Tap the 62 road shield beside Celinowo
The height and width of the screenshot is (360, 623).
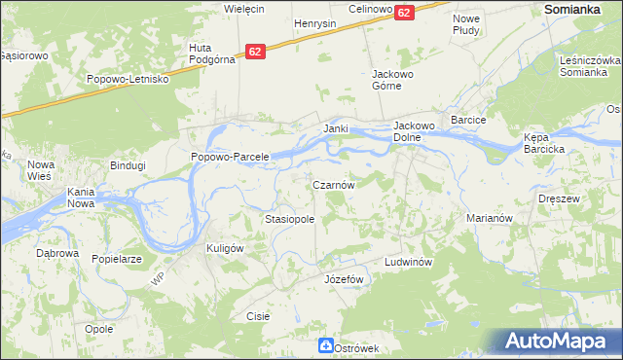point(405,12)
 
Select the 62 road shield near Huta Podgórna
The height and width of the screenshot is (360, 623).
point(255,52)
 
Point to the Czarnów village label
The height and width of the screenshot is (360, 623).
point(339,184)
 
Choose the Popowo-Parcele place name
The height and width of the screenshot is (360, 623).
point(230,157)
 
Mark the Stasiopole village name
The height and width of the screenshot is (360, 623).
point(290,220)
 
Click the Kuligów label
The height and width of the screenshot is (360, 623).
point(224,248)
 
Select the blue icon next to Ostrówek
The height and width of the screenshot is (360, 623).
point(324,346)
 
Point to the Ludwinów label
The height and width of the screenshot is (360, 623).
point(407,263)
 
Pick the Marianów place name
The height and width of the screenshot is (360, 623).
point(489,219)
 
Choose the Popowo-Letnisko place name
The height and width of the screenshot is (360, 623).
point(128,79)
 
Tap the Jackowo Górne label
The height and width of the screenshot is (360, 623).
point(394,79)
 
